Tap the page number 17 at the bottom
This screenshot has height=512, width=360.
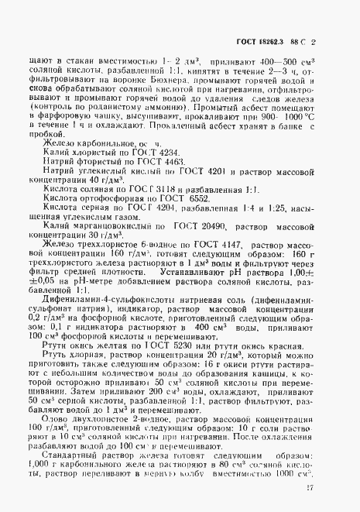tap(330, 487)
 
